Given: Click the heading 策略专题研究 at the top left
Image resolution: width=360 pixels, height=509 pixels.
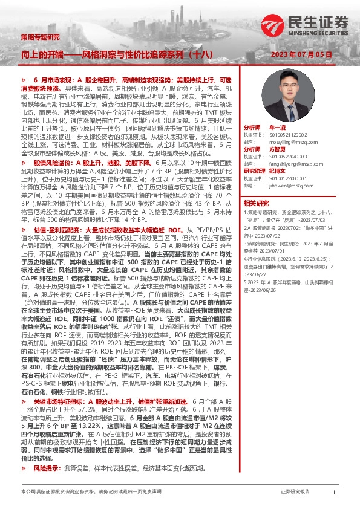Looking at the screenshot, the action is (40, 36).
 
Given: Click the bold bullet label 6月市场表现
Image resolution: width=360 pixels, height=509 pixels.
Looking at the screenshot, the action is (54, 80).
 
